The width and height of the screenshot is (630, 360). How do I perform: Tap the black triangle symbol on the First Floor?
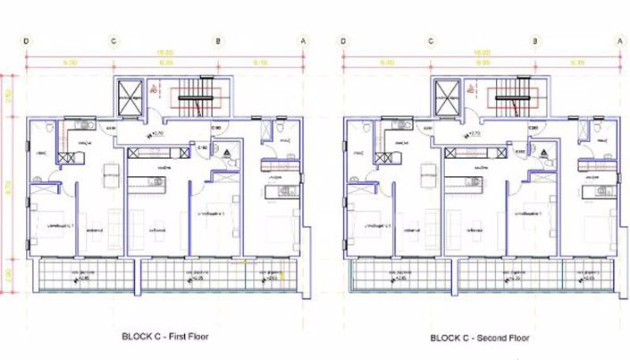pyautogui.click(x=228, y=154)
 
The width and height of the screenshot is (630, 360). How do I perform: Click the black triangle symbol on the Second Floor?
pyautogui.click(x=545, y=154)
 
